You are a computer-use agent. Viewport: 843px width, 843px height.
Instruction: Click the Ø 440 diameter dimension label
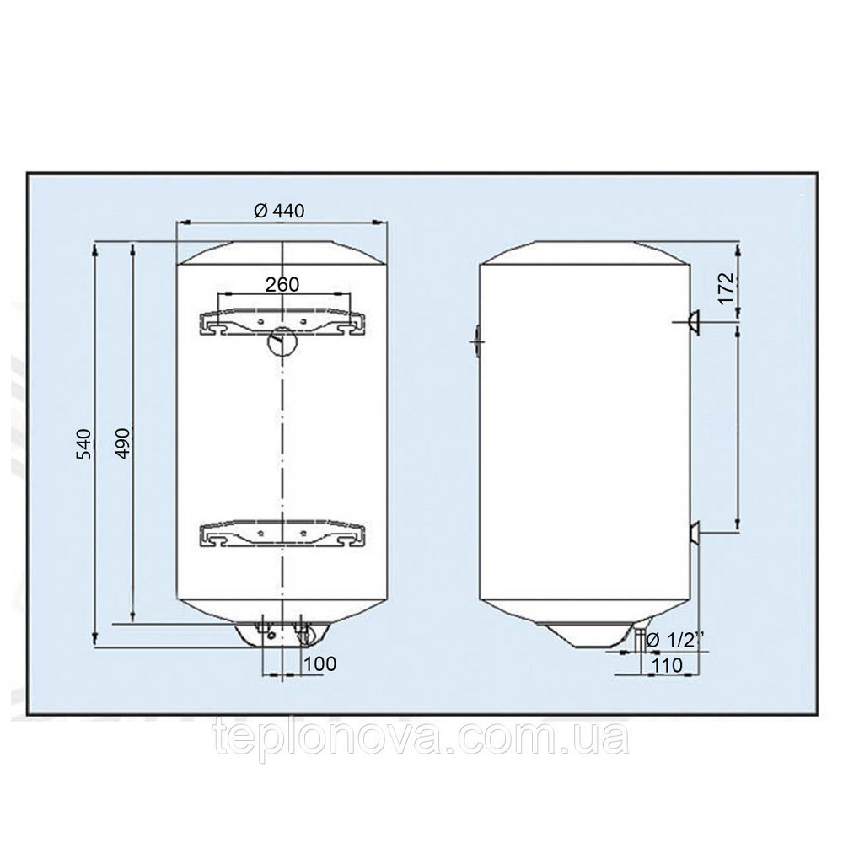click(x=278, y=211)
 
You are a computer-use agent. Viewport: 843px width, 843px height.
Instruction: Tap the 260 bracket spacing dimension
click(x=282, y=284)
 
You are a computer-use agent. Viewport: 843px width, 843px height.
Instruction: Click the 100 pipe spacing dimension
click(x=319, y=664)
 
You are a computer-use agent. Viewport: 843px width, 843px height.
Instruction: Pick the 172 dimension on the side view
click(x=726, y=288)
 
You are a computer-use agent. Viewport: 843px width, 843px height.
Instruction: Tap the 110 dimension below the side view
click(x=667, y=665)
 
